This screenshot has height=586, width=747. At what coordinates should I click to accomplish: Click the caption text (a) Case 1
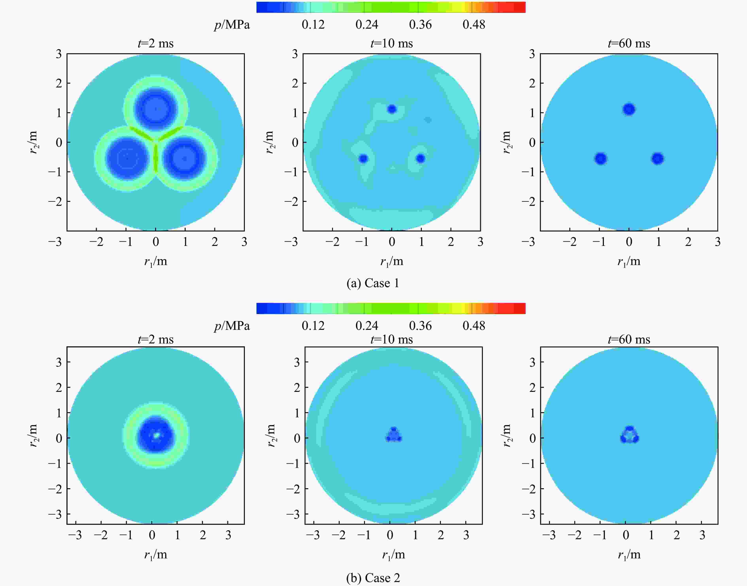tap(373, 283)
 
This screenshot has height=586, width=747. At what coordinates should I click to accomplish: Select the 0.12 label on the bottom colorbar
tap(313, 325)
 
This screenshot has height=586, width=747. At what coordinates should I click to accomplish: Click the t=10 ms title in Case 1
tap(392, 44)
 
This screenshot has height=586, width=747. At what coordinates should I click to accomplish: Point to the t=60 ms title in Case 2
tap(629, 339)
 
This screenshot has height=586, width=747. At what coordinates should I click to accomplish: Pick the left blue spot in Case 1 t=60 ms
tap(600, 159)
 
